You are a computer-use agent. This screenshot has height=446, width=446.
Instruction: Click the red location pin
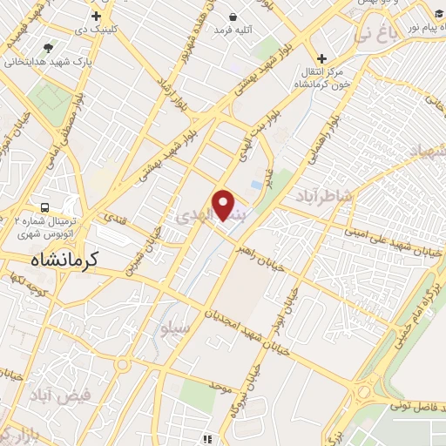coord(224,205)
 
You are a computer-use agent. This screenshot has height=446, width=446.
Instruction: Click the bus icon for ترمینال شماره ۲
coord(44,207)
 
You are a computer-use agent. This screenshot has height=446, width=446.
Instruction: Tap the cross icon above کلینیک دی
coord(96,16)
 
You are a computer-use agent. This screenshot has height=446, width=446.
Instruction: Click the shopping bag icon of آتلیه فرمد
coord(233,17)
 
